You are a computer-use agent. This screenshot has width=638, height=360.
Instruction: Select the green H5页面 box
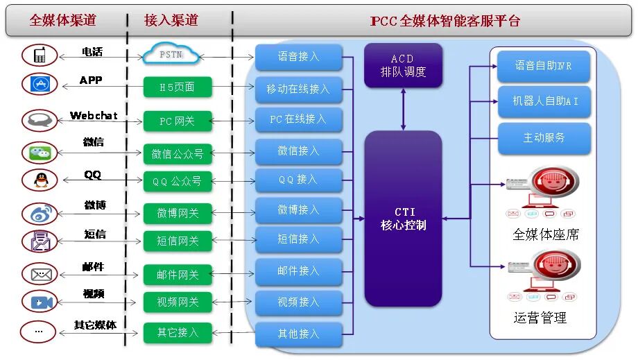[x=178, y=87]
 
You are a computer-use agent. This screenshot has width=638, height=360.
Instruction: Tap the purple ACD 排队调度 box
[x=403, y=66]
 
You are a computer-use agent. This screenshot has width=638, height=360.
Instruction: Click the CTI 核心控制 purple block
[x=403, y=218]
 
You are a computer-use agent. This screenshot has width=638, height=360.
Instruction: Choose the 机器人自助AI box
[x=544, y=101]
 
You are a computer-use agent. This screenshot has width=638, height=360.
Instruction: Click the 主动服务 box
[x=544, y=138]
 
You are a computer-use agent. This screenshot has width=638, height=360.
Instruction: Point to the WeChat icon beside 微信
[x=39, y=152]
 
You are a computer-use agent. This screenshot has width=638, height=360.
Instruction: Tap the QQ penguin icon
[x=39, y=180]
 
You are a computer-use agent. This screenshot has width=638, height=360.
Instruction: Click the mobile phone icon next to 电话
[x=39, y=55]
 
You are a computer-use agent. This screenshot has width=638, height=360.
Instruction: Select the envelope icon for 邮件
[x=39, y=274]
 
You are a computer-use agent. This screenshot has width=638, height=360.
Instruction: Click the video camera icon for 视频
[x=39, y=302]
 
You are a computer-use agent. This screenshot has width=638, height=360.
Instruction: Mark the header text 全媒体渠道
[x=62, y=20]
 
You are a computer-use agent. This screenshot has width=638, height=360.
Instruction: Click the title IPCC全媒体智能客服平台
[x=445, y=21]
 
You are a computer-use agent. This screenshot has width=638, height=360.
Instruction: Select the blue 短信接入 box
[x=298, y=239]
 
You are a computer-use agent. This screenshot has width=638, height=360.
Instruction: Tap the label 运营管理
[x=540, y=318]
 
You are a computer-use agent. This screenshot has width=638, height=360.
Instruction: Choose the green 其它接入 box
[x=178, y=333]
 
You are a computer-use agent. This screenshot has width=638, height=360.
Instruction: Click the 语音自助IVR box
[x=544, y=66]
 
